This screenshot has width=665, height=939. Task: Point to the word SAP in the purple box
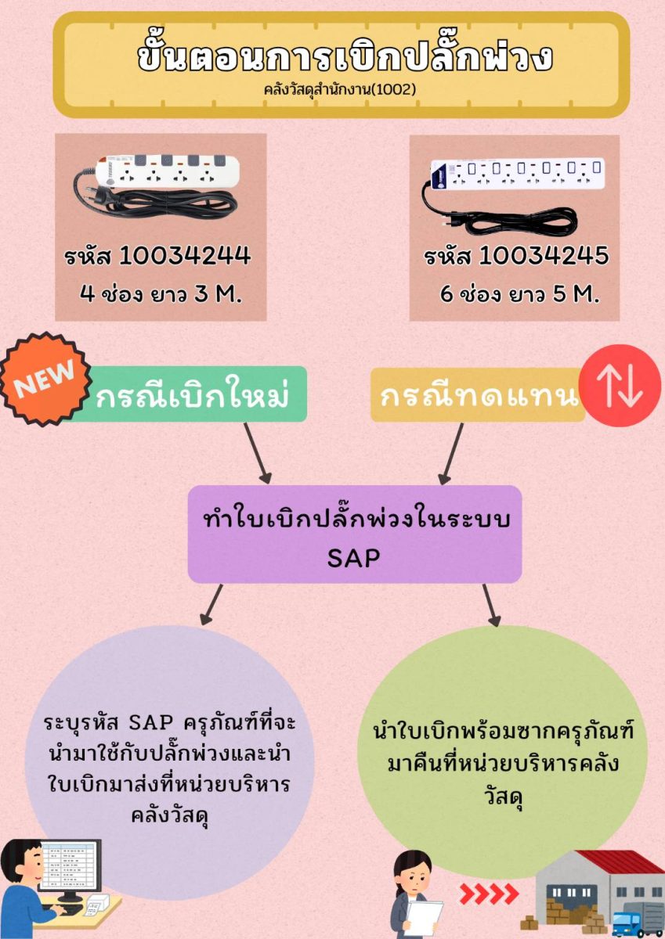(x=354, y=557)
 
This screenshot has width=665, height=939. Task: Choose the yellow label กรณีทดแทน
(x=478, y=396)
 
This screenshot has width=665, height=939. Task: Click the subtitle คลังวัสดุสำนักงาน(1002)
(x=340, y=89)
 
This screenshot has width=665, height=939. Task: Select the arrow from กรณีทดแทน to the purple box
(x=453, y=453)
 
